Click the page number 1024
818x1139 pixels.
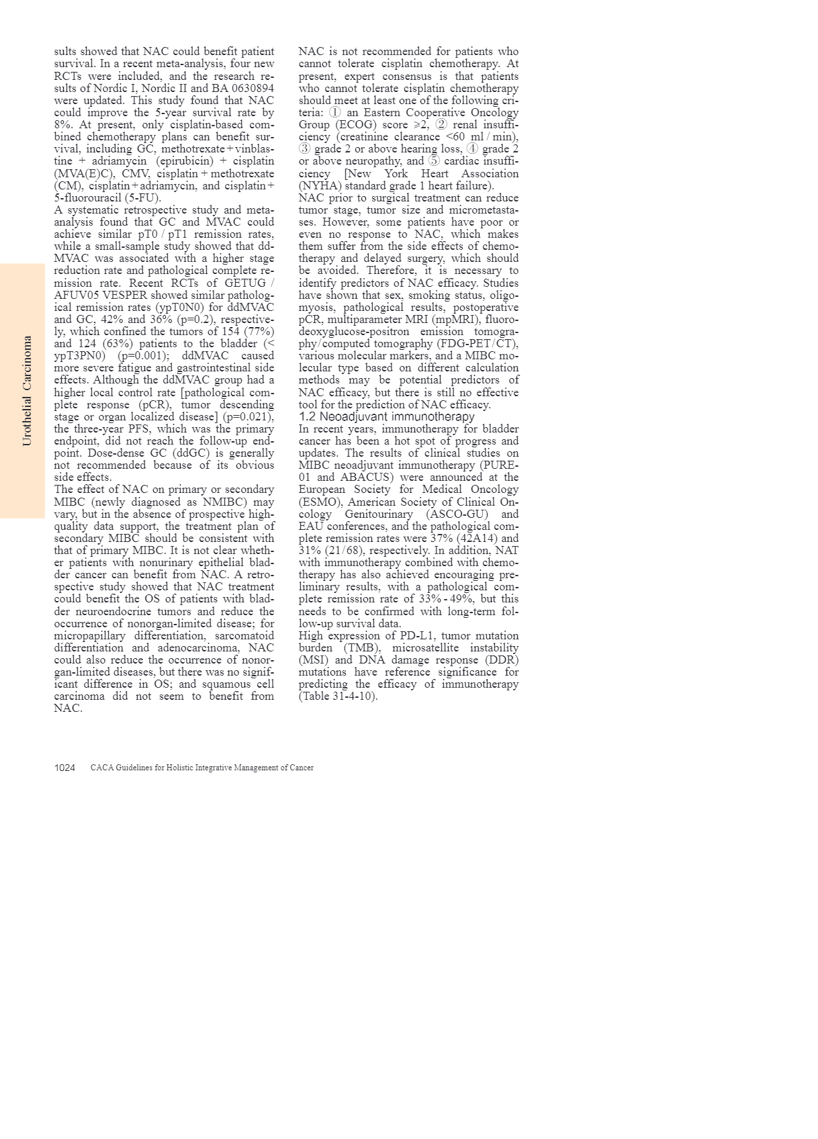coord(64,768)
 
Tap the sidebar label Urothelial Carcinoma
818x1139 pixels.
coord(27,391)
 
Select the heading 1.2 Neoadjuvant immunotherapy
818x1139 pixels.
coord(386,416)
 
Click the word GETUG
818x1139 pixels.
coord(245,283)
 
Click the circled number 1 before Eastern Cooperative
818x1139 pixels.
coord(335,112)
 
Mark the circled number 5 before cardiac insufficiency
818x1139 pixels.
coord(434,161)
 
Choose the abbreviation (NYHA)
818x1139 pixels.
coord(320,185)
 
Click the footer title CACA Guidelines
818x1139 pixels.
coord(201,768)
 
